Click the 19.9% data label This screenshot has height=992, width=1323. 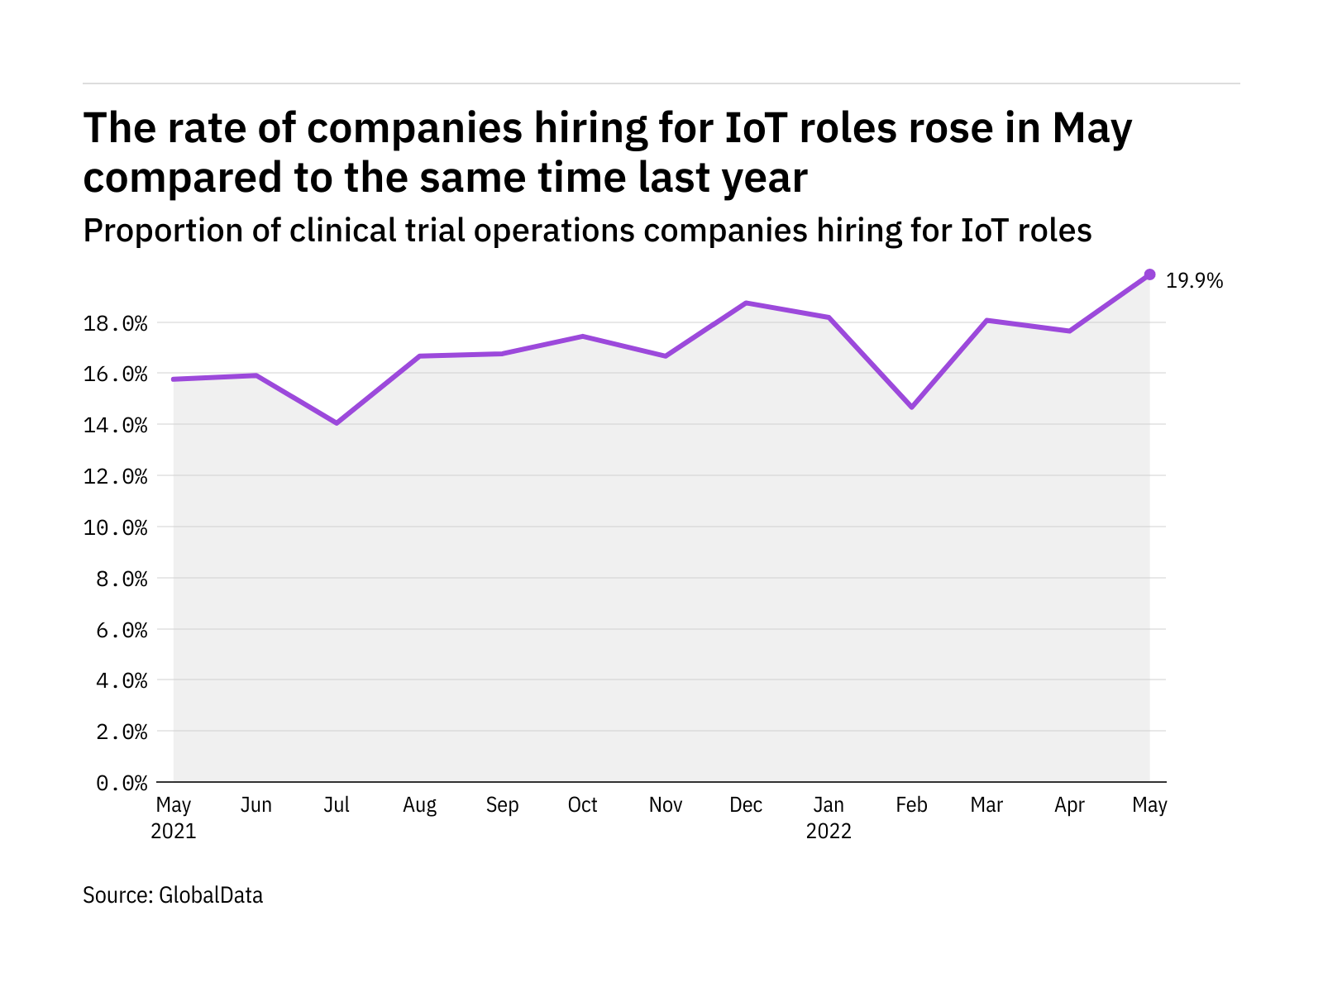coord(1194,281)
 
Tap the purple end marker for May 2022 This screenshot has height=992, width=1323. coord(1149,274)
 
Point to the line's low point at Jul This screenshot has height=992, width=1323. coord(337,423)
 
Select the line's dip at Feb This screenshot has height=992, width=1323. coord(911,407)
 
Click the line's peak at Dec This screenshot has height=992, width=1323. coord(746,303)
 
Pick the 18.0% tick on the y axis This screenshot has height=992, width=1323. coord(116,323)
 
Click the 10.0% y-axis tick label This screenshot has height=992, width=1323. coord(116,527)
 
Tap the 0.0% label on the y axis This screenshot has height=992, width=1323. coord(122,783)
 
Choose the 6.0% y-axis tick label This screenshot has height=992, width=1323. coord(122,630)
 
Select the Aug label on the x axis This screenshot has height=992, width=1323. coord(419,805)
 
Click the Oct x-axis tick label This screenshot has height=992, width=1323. coord(582,805)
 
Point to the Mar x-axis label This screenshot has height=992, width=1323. coord(986,805)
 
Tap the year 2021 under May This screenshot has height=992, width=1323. coord(174,832)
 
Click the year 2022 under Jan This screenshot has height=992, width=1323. coord(829,832)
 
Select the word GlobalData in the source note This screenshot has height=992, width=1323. coord(211,895)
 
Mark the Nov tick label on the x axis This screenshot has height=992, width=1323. coord(665,805)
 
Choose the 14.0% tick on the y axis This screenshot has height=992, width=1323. coord(116,426)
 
